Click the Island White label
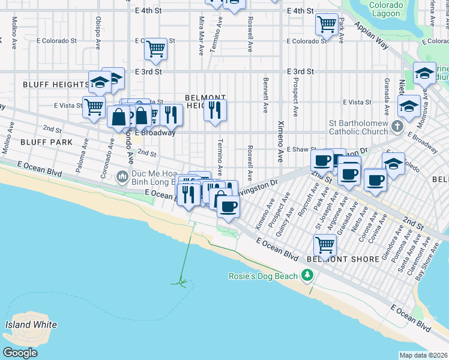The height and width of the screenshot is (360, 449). pyautogui.click(x=31, y=325)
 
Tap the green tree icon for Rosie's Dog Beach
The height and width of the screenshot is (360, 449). pyautogui.click(x=308, y=275)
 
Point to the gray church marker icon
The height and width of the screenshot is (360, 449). pyautogui.click(x=396, y=126)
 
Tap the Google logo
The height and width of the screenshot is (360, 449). pyautogui.click(x=20, y=353)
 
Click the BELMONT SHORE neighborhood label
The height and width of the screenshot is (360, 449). pyautogui.click(x=342, y=259)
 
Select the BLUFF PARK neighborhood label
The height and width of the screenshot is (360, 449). pyautogui.click(x=46, y=142)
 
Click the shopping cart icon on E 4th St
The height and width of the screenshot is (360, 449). pyautogui.click(x=327, y=24)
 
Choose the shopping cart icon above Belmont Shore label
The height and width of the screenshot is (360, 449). pyautogui.click(x=325, y=244)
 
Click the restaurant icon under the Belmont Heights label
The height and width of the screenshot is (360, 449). pyautogui.click(x=215, y=110)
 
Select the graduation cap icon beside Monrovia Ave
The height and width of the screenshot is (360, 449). pyautogui.click(x=409, y=106)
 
